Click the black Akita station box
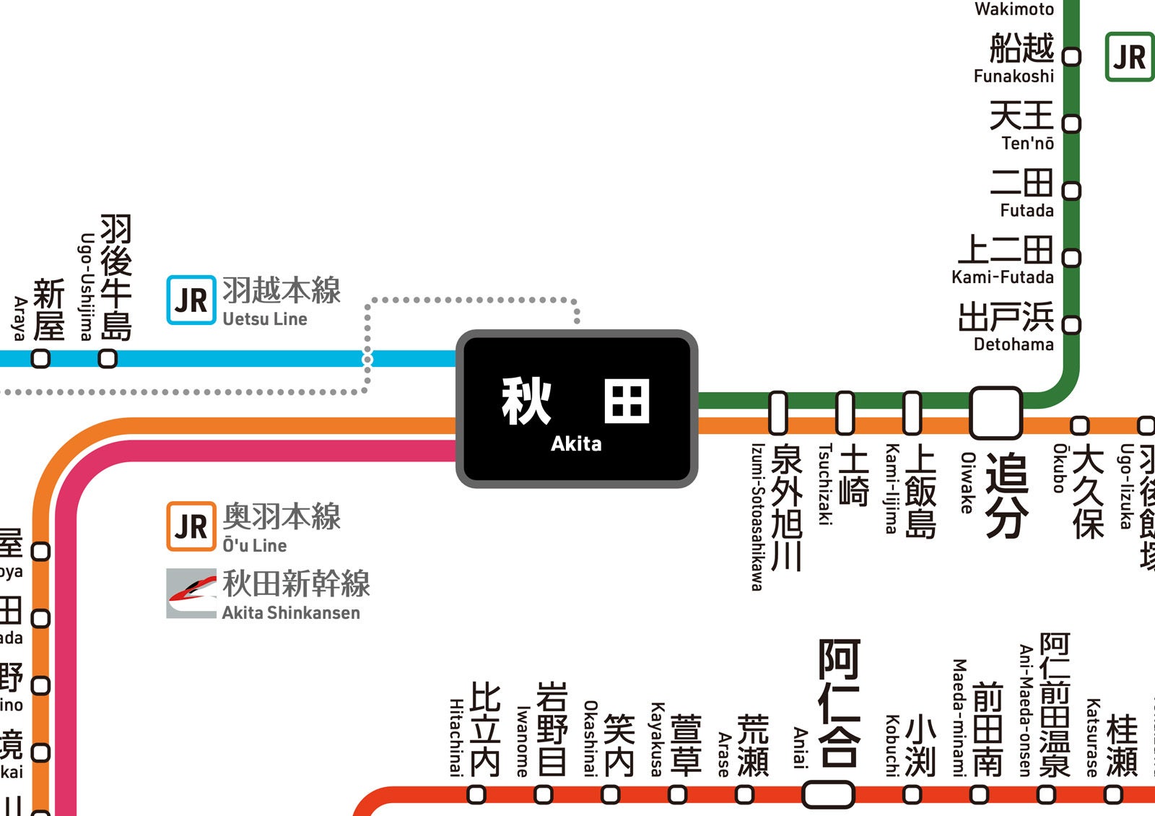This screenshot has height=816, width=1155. pos(576,409)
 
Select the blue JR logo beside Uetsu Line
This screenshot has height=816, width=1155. pos(191,300)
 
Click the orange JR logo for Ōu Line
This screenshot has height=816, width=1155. pos(191,526)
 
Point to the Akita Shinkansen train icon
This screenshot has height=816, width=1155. pos(191,594)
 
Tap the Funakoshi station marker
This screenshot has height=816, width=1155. pos(1072,56)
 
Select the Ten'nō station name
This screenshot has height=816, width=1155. pos(1021,124)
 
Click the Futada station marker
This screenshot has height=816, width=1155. pos(1072,191)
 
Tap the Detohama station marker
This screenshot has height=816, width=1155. pos(1072,325)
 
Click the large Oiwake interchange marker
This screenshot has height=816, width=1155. pos(995,413)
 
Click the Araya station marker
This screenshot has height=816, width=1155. pos(41,358)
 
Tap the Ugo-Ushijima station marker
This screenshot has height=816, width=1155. pos(108,358)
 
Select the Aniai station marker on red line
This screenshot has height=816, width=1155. pos(828,795)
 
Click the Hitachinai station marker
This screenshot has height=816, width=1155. pos(476,795)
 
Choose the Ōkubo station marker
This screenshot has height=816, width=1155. pos(1079,425)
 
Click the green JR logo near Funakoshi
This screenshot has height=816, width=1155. pos(1129,57)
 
